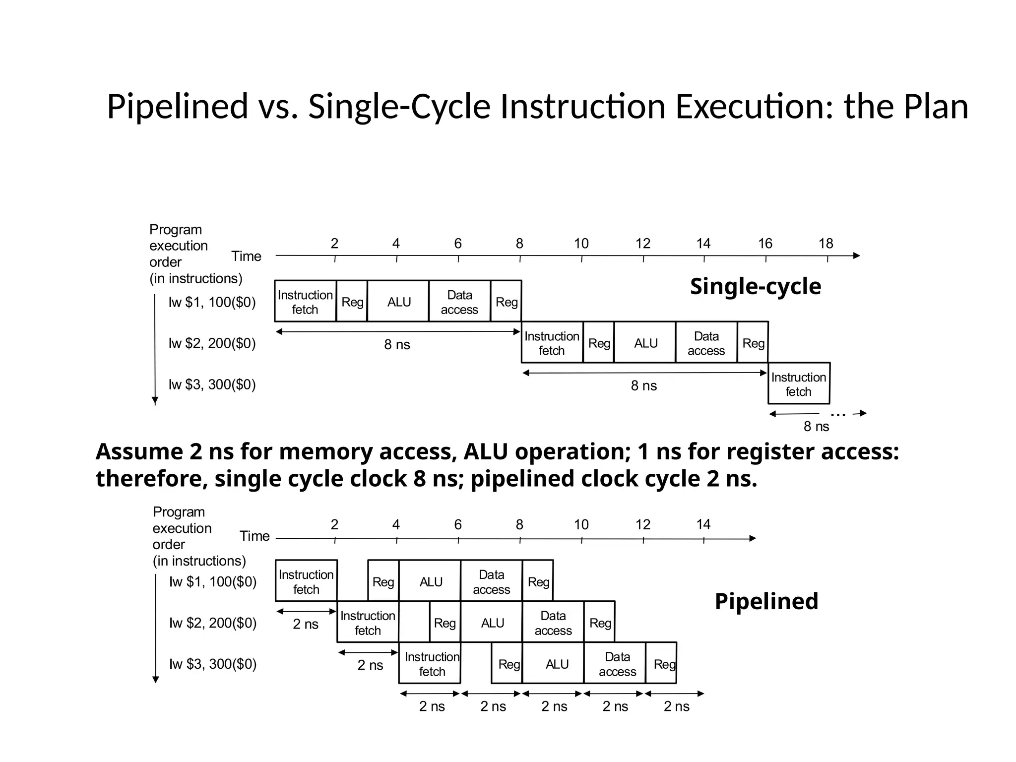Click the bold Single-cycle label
point(755,287)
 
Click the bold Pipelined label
point(766,601)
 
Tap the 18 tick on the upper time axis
point(826,244)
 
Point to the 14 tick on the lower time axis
point(703,525)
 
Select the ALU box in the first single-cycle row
point(399,302)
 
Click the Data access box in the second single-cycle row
point(706,343)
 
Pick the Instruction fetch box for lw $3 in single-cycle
point(798,384)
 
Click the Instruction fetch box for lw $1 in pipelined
point(306,581)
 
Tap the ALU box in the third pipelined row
point(557,664)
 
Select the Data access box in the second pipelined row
point(553,623)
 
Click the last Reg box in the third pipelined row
point(664,664)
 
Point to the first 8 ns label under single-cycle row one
point(397,345)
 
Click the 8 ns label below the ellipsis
point(816,427)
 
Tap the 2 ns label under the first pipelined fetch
point(306,624)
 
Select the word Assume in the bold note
point(139,452)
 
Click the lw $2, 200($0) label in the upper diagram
point(212,343)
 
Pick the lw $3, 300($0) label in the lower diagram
point(213,664)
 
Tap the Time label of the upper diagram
point(246,256)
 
